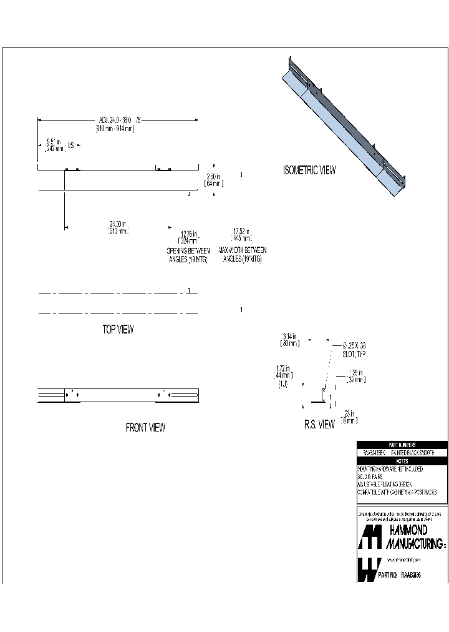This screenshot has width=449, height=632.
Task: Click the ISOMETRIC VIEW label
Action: (309, 170)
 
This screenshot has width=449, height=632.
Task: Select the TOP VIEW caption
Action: (118, 330)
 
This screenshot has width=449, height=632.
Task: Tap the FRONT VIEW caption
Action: (145, 428)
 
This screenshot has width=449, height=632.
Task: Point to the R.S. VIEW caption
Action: (319, 425)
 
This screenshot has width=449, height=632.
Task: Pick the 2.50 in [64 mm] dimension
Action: (213, 180)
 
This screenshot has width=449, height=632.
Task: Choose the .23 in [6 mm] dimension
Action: (349, 416)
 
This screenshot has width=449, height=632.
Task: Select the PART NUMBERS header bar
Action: (402, 445)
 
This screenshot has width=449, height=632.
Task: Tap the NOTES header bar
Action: (402, 460)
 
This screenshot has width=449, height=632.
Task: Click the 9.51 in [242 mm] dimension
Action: (55, 145)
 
